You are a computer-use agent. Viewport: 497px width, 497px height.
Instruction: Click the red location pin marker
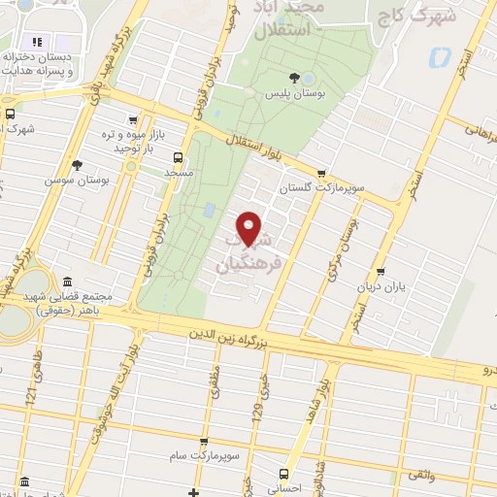pyautogui.click(x=250, y=227)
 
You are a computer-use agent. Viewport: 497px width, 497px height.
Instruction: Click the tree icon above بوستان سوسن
pyautogui.click(x=76, y=165)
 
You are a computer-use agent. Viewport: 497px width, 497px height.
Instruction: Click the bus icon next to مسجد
pyautogui.click(x=177, y=156)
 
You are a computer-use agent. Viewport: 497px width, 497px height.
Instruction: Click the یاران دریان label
pyautogui.click(x=381, y=287)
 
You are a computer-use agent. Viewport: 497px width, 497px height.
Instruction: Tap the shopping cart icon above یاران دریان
pyautogui.click(x=381, y=273)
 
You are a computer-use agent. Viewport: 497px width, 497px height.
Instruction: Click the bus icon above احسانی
pyautogui.click(x=283, y=474)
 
